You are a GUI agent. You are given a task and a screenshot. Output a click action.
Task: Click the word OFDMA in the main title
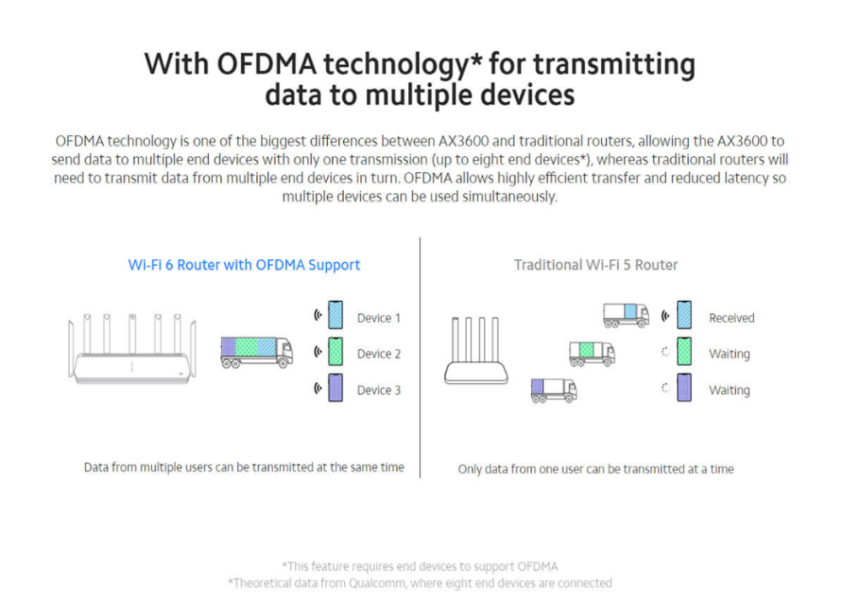tap(266, 63)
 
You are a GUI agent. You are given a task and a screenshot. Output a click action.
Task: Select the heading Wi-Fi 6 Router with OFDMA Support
tap(244, 265)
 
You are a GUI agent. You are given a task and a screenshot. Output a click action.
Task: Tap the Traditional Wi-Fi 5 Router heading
tap(596, 265)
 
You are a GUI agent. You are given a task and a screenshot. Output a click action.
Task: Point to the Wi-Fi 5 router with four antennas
tap(476, 350)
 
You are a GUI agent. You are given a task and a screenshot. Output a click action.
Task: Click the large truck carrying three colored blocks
tap(257, 353)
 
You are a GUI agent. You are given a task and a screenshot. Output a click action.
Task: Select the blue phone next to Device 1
tap(336, 315)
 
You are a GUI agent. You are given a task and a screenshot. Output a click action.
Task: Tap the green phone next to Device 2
tap(336, 351)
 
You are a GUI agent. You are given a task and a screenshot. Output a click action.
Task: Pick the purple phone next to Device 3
tap(336, 388)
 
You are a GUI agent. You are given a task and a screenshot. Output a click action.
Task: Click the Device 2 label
tap(379, 354)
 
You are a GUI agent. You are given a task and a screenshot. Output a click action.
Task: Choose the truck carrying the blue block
tap(626, 315)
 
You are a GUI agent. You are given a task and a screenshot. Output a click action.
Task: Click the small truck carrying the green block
tap(592, 353)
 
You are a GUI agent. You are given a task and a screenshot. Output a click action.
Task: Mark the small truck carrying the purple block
tap(554, 390)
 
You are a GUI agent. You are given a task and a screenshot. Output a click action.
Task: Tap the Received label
tap(732, 318)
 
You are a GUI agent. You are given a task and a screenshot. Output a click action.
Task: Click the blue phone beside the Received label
tap(685, 315)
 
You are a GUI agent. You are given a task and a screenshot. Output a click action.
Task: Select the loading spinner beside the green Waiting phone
tap(666, 352)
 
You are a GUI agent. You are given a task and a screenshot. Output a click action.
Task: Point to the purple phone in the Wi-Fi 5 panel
tap(685, 388)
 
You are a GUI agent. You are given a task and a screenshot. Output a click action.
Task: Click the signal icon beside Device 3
tap(318, 388)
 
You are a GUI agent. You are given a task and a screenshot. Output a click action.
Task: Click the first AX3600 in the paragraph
tap(464, 141)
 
